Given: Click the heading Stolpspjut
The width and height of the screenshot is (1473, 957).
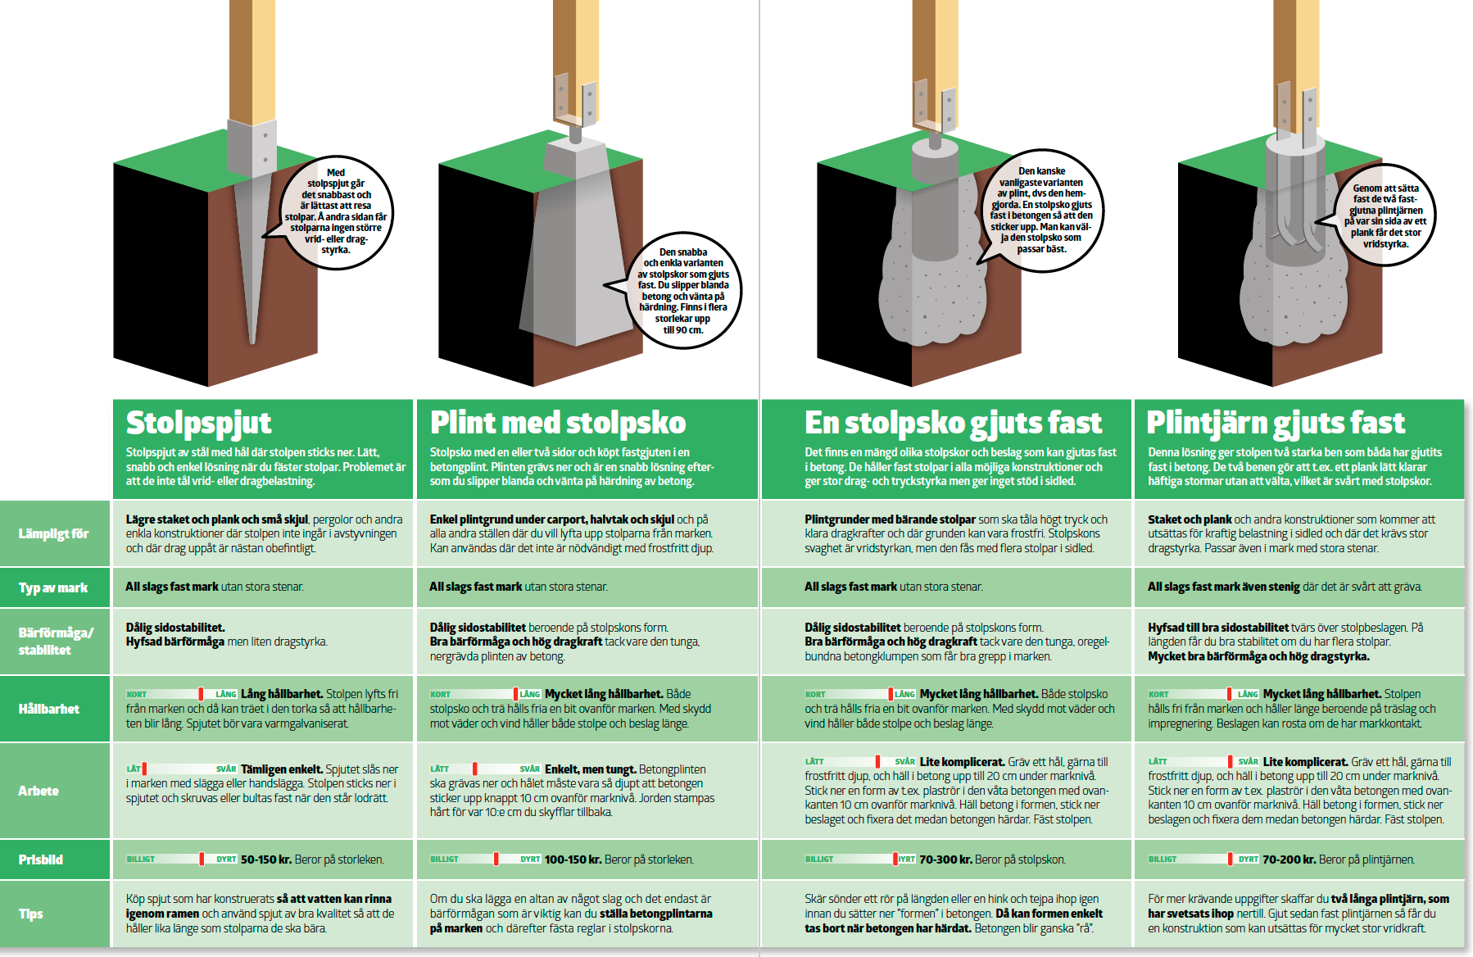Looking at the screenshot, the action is coord(198,424).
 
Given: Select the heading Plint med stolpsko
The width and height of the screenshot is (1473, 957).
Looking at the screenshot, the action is coord(558,423).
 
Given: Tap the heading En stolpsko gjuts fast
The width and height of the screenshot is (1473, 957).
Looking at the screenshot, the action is coord(953,424).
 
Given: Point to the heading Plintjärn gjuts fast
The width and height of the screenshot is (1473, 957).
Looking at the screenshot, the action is coord(1276,424).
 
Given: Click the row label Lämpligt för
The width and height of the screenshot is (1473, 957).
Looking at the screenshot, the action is coord(53,534).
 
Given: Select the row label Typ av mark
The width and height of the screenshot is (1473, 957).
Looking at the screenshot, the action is coord(53,587).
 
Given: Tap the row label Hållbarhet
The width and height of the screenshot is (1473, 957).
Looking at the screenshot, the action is coord(49,709).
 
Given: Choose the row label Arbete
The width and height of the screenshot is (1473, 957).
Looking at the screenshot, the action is coord(39,791).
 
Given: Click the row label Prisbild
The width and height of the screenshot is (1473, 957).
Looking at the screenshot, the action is coord(41,859).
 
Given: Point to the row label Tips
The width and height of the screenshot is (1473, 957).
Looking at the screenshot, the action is coord(30,914).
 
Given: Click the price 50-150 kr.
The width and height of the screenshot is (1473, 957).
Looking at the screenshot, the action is coord(266,859).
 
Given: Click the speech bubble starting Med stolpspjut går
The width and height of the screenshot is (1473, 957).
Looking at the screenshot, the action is coord(336,211).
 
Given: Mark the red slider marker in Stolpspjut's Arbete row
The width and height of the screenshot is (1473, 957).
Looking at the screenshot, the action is coord(144,769).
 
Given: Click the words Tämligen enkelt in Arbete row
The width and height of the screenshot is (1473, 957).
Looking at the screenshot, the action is coord(282,769).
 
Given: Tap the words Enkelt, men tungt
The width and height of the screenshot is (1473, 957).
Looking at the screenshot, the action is coord(591,769).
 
